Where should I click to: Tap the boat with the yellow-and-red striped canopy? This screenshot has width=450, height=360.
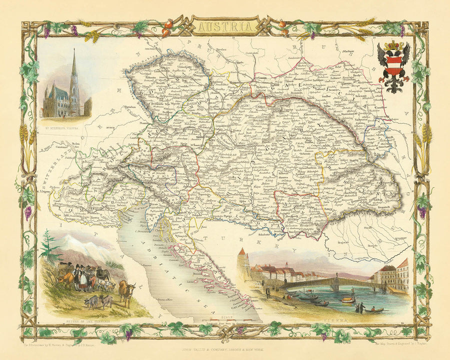pos(346,299)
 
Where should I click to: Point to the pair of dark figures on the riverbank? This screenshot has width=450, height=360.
pos(359,306)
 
